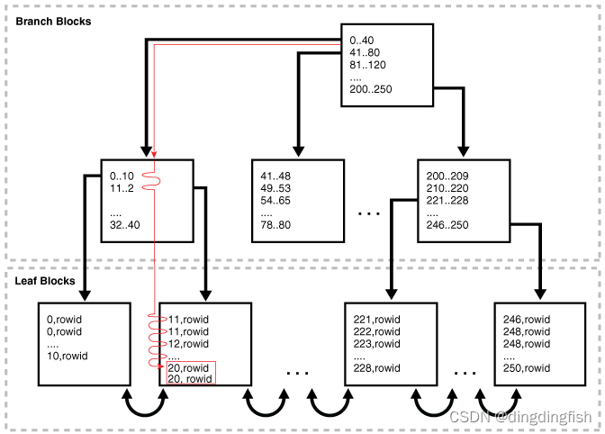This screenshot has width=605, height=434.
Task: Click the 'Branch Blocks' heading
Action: [x=54, y=21]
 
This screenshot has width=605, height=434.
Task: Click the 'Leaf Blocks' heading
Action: [x=45, y=281]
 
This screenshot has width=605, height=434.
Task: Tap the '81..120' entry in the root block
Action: [x=369, y=65]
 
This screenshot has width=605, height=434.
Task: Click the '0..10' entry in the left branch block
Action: [x=122, y=176]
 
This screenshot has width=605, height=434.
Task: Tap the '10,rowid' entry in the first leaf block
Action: [x=68, y=356]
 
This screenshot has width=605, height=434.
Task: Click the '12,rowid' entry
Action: [x=188, y=343]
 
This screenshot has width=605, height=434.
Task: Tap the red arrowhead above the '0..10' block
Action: [x=154, y=154]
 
